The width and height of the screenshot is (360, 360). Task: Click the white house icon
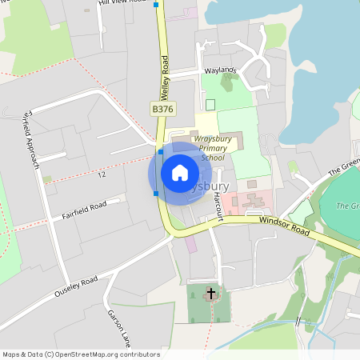tap(179, 173)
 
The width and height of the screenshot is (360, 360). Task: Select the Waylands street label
tap(221, 70)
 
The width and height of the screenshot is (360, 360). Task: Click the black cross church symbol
tap(211, 294)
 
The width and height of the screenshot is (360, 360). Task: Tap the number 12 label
tap(101, 174)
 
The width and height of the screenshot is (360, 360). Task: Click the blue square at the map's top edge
tap(156, 5)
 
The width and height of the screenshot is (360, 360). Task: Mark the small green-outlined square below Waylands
tap(210, 105)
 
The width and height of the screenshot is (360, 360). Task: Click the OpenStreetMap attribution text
tap(80, 354)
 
